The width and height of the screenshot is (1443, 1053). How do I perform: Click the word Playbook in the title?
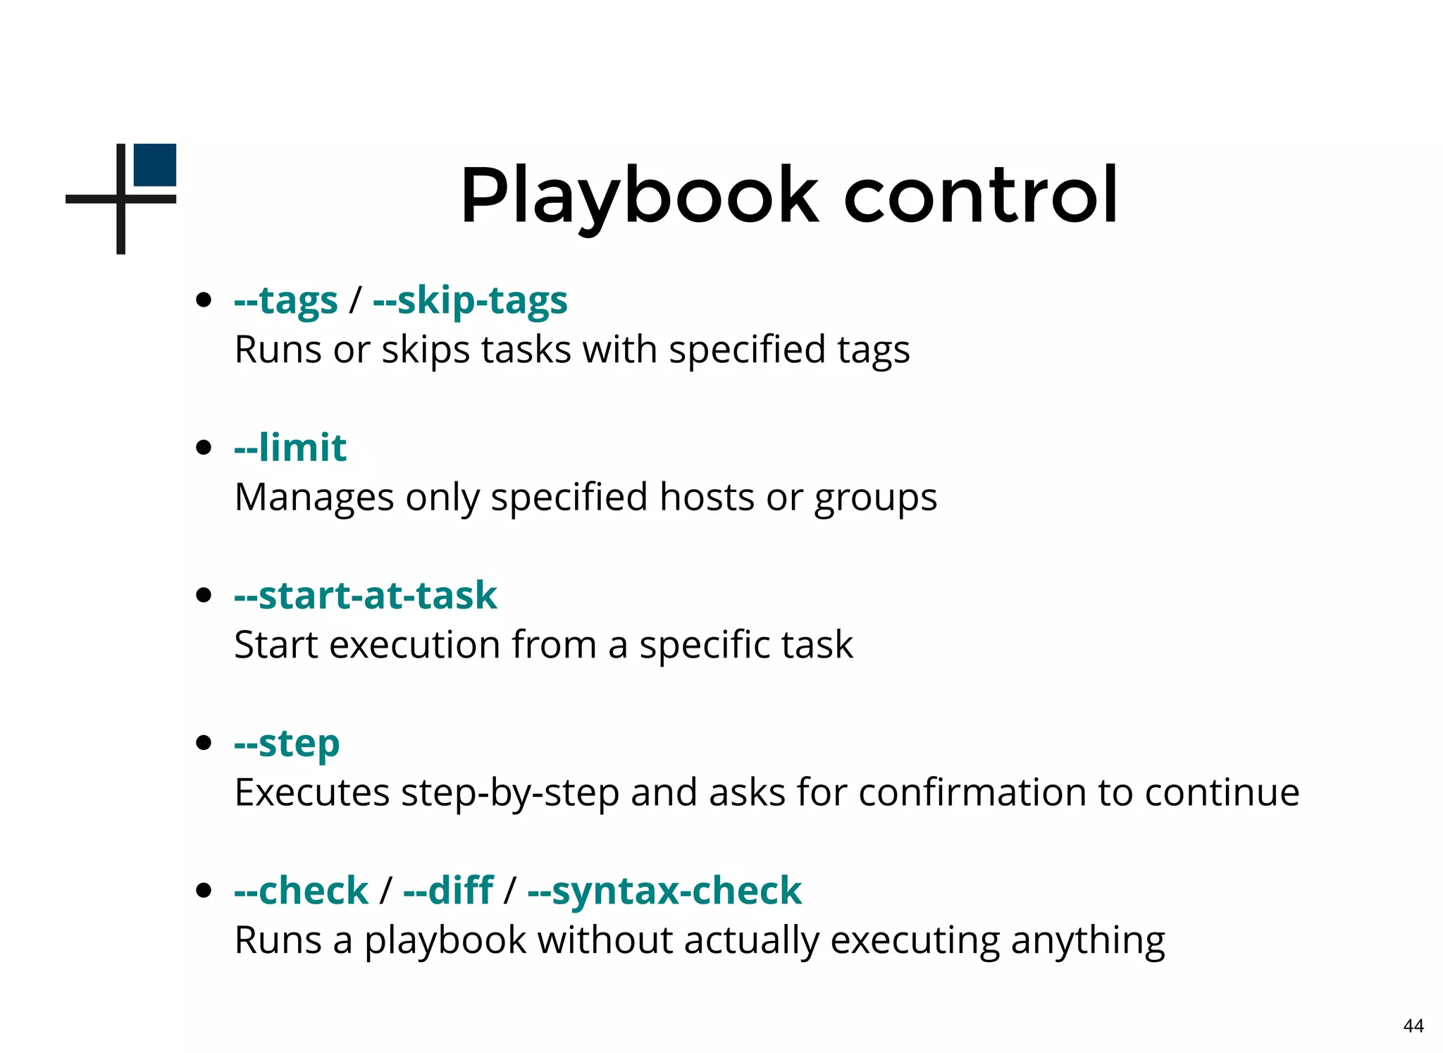(639, 195)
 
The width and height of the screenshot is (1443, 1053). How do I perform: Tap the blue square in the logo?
(155, 165)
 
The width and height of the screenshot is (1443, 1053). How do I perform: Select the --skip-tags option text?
(470, 301)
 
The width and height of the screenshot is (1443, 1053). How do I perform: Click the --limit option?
(290, 448)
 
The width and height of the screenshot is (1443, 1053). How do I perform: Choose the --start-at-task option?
(366, 596)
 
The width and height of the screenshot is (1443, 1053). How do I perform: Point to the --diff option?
(448, 891)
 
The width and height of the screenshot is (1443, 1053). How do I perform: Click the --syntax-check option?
(664, 891)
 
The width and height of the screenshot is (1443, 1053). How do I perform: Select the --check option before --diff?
(301, 891)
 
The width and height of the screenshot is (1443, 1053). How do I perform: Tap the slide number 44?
(1413, 1026)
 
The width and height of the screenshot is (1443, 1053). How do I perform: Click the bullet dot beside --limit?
(204, 448)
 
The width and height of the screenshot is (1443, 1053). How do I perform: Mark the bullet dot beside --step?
(204, 743)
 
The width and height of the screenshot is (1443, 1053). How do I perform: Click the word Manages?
(314, 498)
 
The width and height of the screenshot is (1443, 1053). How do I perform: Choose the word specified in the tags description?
(747, 350)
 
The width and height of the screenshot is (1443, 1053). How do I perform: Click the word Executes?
(311, 793)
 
